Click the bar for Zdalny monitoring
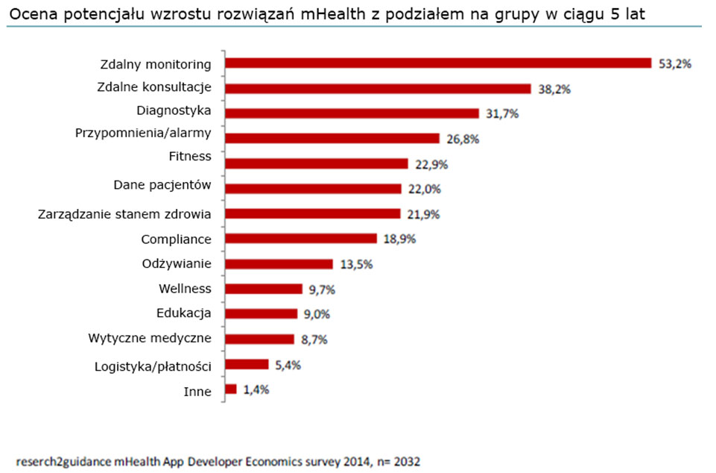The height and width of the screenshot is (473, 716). (x=438, y=63)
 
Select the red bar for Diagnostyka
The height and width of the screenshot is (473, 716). (x=352, y=113)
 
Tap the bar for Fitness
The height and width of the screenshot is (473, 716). (x=317, y=163)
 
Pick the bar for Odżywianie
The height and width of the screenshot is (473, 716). (x=279, y=263)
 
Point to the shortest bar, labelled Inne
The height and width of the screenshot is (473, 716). (x=231, y=389)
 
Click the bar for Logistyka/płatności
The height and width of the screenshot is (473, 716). (x=247, y=364)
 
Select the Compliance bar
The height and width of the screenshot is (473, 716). (x=301, y=239)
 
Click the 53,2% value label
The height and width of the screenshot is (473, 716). (x=675, y=64)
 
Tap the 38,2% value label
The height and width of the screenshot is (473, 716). (x=554, y=89)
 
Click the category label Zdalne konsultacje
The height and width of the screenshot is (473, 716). (x=154, y=87)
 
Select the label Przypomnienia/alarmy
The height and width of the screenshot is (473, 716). (x=143, y=134)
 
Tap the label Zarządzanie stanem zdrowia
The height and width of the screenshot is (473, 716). (x=124, y=214)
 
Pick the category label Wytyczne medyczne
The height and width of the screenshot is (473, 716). (x=149, y=339)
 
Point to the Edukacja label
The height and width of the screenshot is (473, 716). (x=184, y=313)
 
